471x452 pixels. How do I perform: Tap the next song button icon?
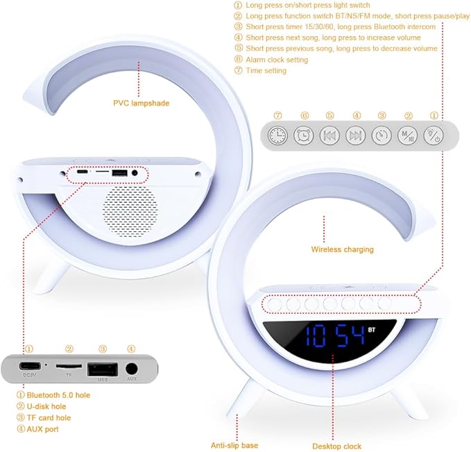[x=355, y=135]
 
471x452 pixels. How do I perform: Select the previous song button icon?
[x=329, y=135]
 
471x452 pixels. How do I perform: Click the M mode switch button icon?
[x=407, y=135]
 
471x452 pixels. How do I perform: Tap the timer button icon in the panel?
[x=382, y=135]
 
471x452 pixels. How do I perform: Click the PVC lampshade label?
[x=141, y=103]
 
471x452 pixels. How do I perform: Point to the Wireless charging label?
[x=342, y=249]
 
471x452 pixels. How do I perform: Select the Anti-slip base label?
[x=234, y=445]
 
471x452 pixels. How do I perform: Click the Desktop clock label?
[x=336, y=446]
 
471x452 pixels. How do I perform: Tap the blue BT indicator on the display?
[x=372, y=329]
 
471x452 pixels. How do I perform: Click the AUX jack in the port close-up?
[x=131, y=369]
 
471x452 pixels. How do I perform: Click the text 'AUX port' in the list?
[x=42, y=429]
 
